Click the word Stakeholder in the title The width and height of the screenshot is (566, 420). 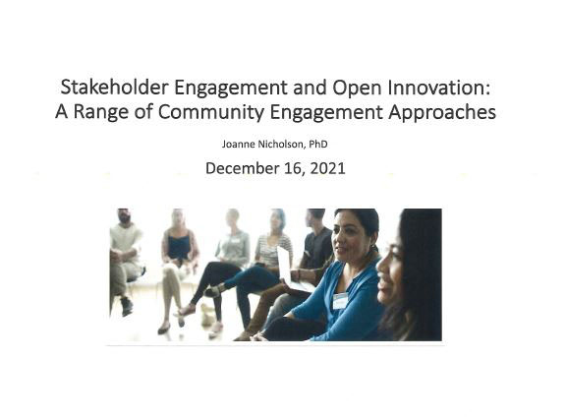(x=114, y=88)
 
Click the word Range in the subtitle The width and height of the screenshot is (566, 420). (x=100, y=113)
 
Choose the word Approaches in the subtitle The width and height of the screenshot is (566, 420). (x=442, y=113)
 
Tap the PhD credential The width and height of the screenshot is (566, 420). (x=318, y=145)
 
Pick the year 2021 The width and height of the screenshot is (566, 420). (x=327, y=168)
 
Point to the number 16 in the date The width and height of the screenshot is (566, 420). (x=293, y=168)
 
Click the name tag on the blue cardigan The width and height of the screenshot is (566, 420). (x=340, y=301)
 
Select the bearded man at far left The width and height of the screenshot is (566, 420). (x=125, y=261)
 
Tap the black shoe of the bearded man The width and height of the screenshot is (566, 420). (x=127, y=307)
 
